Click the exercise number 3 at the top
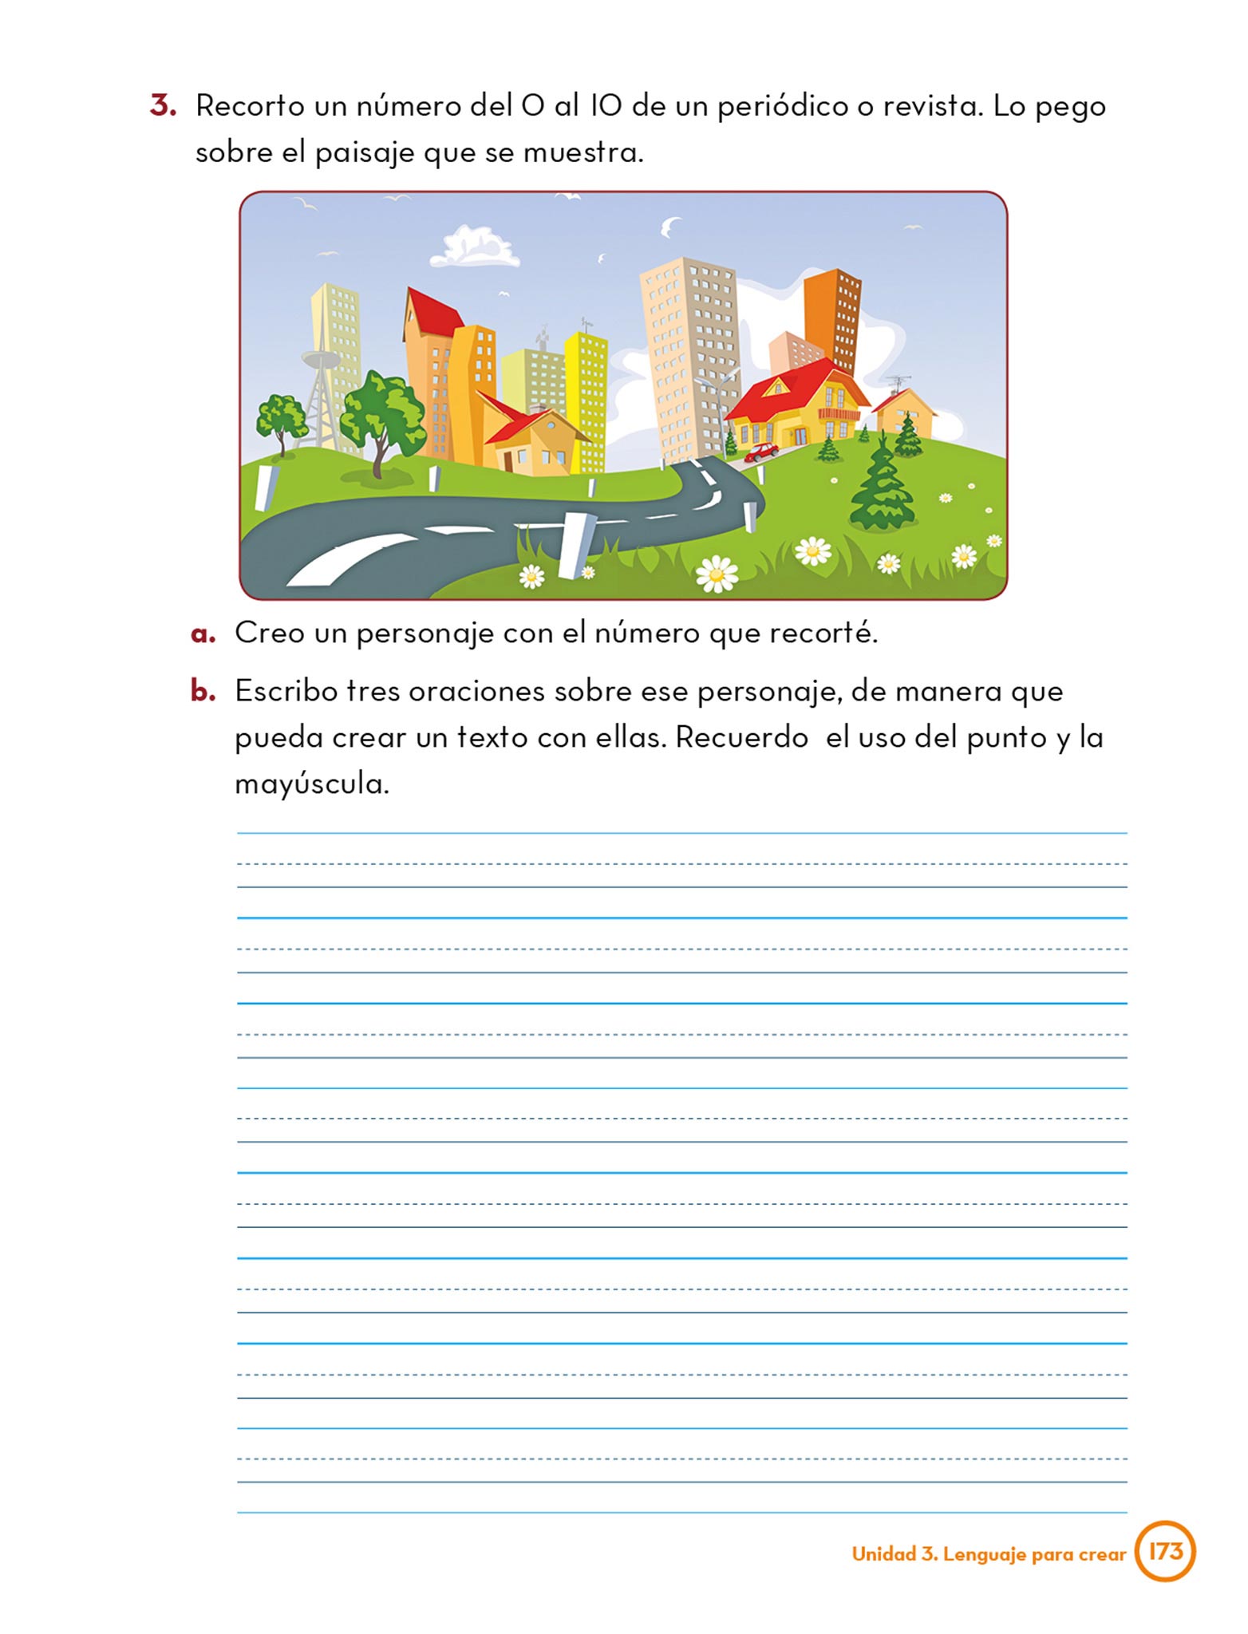click(x=162, y=106)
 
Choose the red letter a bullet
click(x=203, y=634)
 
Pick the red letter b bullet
click(x=203, y=691)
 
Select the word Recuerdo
click(x=741, y=737)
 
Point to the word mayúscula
click(x=311, y=784)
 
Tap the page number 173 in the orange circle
click(x=1164, y=1551)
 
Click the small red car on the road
click(x=760, y=452)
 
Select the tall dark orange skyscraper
click(x=834, y=319)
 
